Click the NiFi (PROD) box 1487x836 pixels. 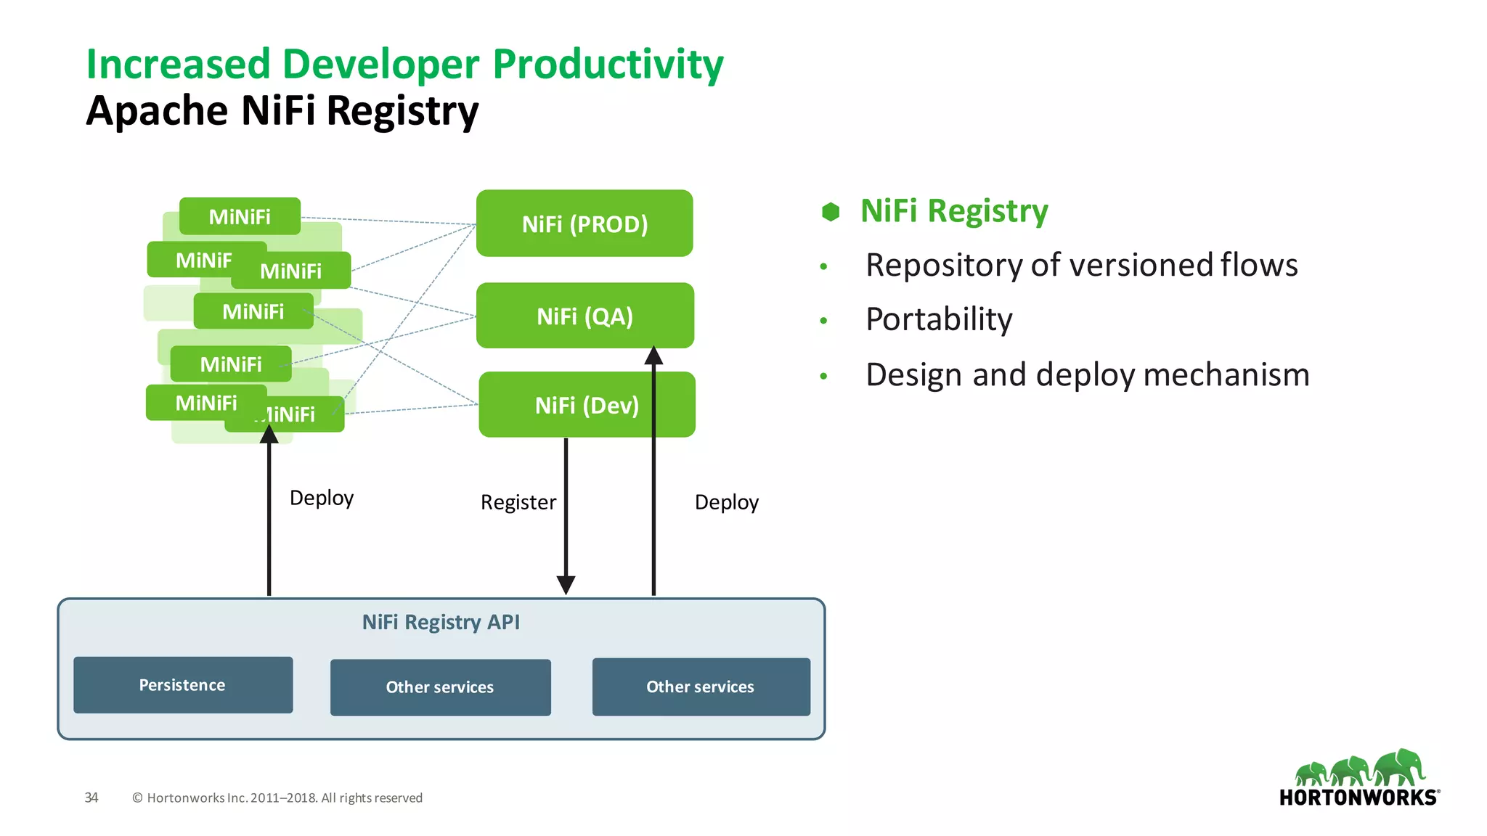click(584, 224)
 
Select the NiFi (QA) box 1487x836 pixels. click(584, 316)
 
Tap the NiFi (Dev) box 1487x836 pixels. click(587, 405)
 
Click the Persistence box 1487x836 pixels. click(183, 685)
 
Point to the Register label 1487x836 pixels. click(518, 502)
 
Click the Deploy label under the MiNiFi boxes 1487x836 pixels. click(321, 498)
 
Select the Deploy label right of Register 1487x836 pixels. click(726, 502)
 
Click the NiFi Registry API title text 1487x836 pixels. click(441, 622)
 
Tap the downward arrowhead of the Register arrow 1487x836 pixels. click(566, 584)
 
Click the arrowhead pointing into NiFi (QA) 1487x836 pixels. click(653, 356)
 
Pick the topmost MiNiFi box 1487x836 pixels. click(240, 216)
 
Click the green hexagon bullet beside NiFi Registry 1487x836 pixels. click(831, 212)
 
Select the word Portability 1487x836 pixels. click(939, 319)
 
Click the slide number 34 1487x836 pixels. click(91, 798)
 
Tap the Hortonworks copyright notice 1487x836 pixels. click(277, 798)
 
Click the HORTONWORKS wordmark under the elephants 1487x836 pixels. click(1358, 798)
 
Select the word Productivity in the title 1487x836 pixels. click(608, 65)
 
